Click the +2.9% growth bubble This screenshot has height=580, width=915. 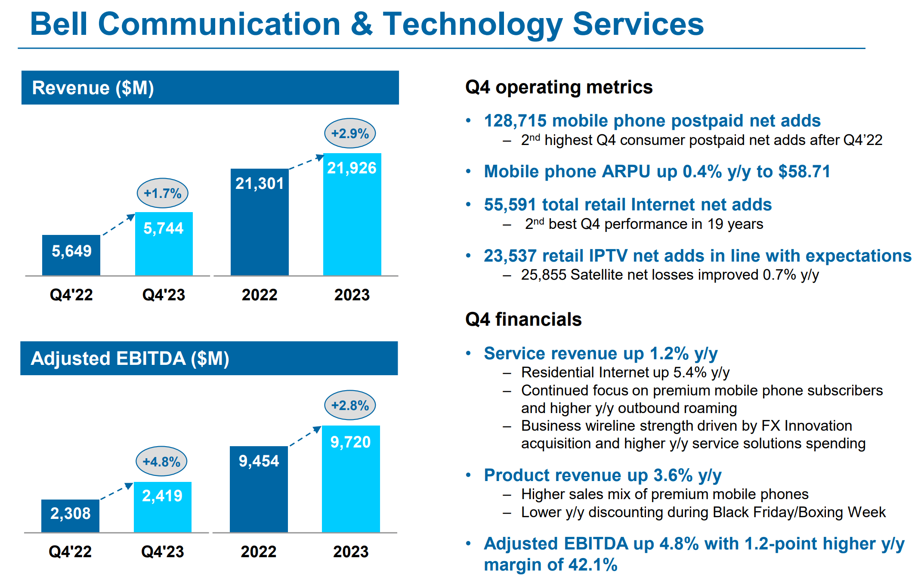point(349,133)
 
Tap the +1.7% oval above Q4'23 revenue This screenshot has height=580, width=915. point(162,193)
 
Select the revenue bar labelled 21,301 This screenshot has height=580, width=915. point(259,222)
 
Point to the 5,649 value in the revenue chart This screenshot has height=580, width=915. point(71,251)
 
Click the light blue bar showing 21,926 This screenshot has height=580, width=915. point(352,214)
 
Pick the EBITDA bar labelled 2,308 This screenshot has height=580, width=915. point(70,515)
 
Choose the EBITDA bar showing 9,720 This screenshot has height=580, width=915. point(351,478)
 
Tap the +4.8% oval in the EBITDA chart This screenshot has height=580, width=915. point(161,462)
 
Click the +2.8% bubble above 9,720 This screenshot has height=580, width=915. point(349,405)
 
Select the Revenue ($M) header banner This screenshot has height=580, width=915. point(210,88)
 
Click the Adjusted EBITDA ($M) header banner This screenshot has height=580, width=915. point(209,358)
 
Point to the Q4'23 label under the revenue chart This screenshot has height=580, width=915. point(164,295)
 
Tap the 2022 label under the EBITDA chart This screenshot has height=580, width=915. point(258,552)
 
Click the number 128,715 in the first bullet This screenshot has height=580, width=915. point(515,121)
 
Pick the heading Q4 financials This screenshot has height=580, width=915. point(523,320)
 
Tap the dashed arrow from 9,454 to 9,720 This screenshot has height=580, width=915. point(305,436)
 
